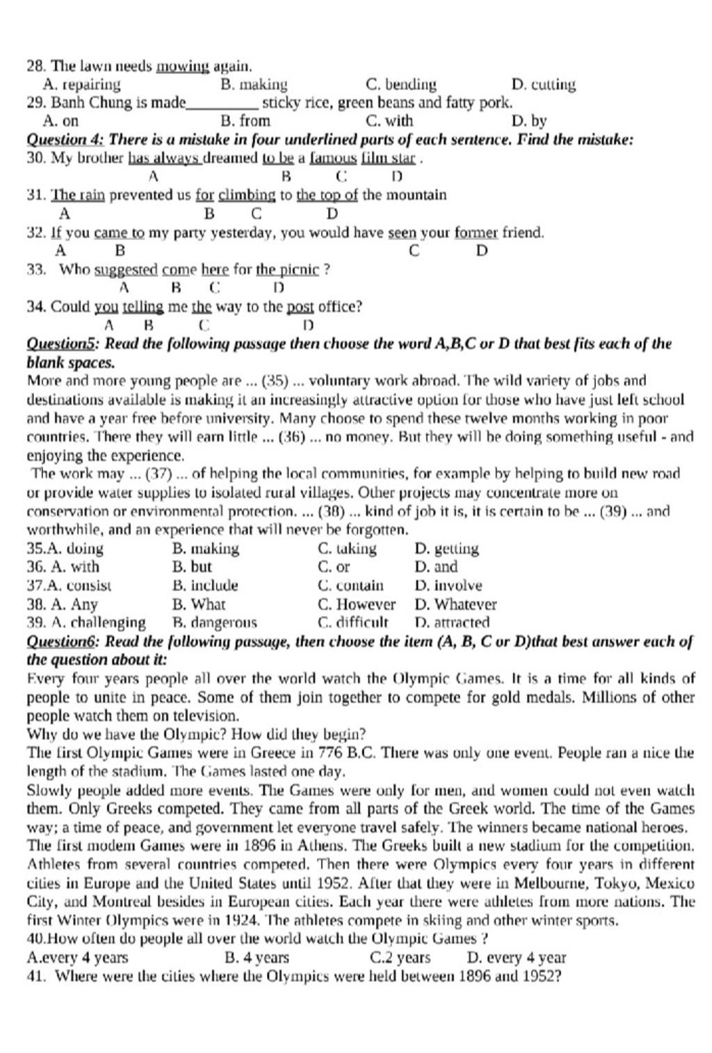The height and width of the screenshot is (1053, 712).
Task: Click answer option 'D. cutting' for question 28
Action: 543,85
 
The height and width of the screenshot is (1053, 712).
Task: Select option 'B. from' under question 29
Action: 245,121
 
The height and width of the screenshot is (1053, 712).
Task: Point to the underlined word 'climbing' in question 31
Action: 247,195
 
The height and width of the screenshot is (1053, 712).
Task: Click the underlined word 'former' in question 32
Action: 476,232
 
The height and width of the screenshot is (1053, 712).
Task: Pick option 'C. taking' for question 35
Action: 347,549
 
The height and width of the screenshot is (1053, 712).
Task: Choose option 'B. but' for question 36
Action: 192,567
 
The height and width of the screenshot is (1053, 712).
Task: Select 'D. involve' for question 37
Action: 448,586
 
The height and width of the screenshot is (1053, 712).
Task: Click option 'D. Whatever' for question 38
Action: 455,604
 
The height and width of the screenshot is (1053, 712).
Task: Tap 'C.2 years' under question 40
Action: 400,958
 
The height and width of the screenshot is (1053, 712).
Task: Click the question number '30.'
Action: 36,158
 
